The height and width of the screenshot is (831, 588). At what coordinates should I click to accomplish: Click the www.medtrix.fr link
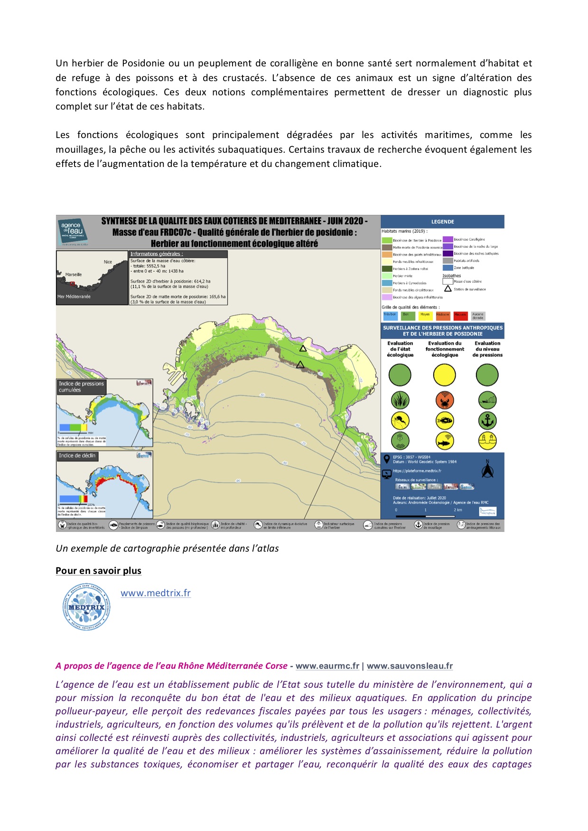[x=156, y=593]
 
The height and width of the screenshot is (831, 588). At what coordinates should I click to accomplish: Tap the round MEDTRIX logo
[x=86, y=607]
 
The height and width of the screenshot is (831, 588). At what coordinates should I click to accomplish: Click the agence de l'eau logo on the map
[x=73, y=231]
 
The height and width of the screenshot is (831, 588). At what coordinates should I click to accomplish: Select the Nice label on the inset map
[x=108, y=262]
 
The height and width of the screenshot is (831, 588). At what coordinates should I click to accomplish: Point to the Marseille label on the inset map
[x=74, y=275]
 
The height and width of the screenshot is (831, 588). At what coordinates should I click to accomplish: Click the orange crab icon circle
[x=445, y=400]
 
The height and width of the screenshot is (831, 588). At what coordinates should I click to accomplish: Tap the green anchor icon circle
[x=487, y=421]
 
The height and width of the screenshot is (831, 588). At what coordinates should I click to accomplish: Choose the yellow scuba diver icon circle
[x=400, y=421]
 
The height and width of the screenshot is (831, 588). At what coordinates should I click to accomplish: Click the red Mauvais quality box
[x=460, y=315]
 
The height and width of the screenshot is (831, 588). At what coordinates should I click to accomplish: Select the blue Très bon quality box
[x=390, y=315]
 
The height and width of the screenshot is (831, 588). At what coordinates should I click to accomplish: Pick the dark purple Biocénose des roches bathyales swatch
[x=448, y=253]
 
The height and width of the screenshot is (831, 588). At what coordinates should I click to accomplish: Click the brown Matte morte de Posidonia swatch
[x=387, y=247]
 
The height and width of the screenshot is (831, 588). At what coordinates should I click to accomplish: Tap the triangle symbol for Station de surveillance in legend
[x=448, y=289]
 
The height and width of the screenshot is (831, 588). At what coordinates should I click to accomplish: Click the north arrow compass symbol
[x=487, y=469]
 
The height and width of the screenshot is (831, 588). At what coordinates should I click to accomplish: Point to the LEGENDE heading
[x=442, y=222]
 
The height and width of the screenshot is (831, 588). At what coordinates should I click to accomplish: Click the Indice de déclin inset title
[x=77, y=456]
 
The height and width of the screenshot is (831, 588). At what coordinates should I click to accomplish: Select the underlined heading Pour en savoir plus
[x=98, y=571]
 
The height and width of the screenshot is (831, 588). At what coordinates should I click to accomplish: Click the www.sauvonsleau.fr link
[x=410, y=666]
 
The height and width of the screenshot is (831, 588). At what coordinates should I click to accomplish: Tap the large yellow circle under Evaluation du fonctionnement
[x=445, y=375]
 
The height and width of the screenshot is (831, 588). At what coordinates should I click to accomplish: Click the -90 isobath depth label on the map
[x=238, y=480]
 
